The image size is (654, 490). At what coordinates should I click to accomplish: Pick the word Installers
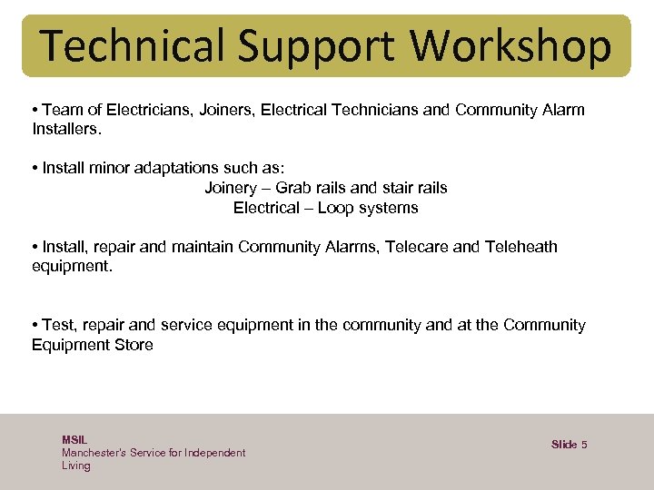coord(66,129)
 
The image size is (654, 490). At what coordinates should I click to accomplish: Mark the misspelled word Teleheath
coord(521,246)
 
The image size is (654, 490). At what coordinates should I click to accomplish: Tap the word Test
coord(55,325)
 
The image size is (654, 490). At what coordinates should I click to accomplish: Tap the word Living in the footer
coord(76,465)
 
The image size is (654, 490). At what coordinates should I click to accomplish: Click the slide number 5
coord(584,444)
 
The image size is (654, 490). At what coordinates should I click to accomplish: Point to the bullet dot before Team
coord(34,111)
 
